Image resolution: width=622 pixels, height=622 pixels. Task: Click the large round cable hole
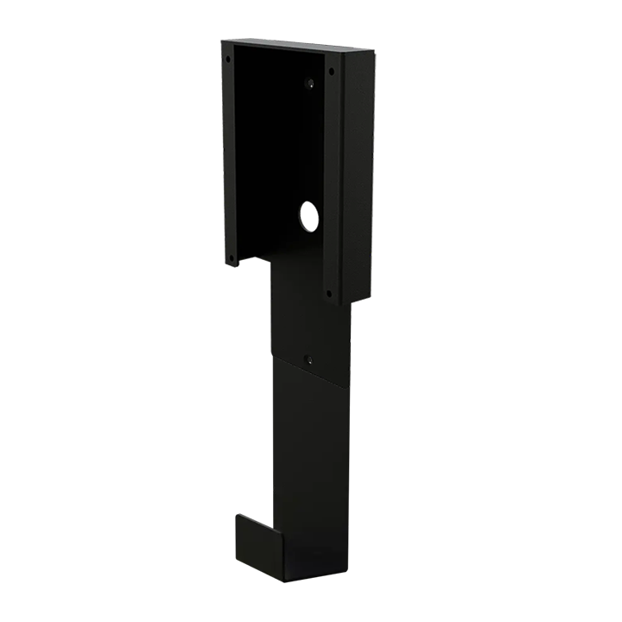tap(309, 216)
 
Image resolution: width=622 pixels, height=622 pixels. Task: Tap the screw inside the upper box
tap(309, 84)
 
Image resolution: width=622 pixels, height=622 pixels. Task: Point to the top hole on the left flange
tap(228, 60)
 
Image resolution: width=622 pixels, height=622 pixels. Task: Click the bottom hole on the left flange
tap(232, 256)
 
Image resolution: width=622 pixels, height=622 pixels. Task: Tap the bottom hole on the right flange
tap(329, 292)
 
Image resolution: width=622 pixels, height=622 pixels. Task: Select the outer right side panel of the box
tap(359, 173)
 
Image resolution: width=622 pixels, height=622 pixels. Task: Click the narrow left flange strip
tap(229, 155)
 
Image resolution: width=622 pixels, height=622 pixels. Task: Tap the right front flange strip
tap(331, 181)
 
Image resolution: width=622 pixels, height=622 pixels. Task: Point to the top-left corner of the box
tap(222, 41)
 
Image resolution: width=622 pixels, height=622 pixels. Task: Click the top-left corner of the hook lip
tap(237, 517)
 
